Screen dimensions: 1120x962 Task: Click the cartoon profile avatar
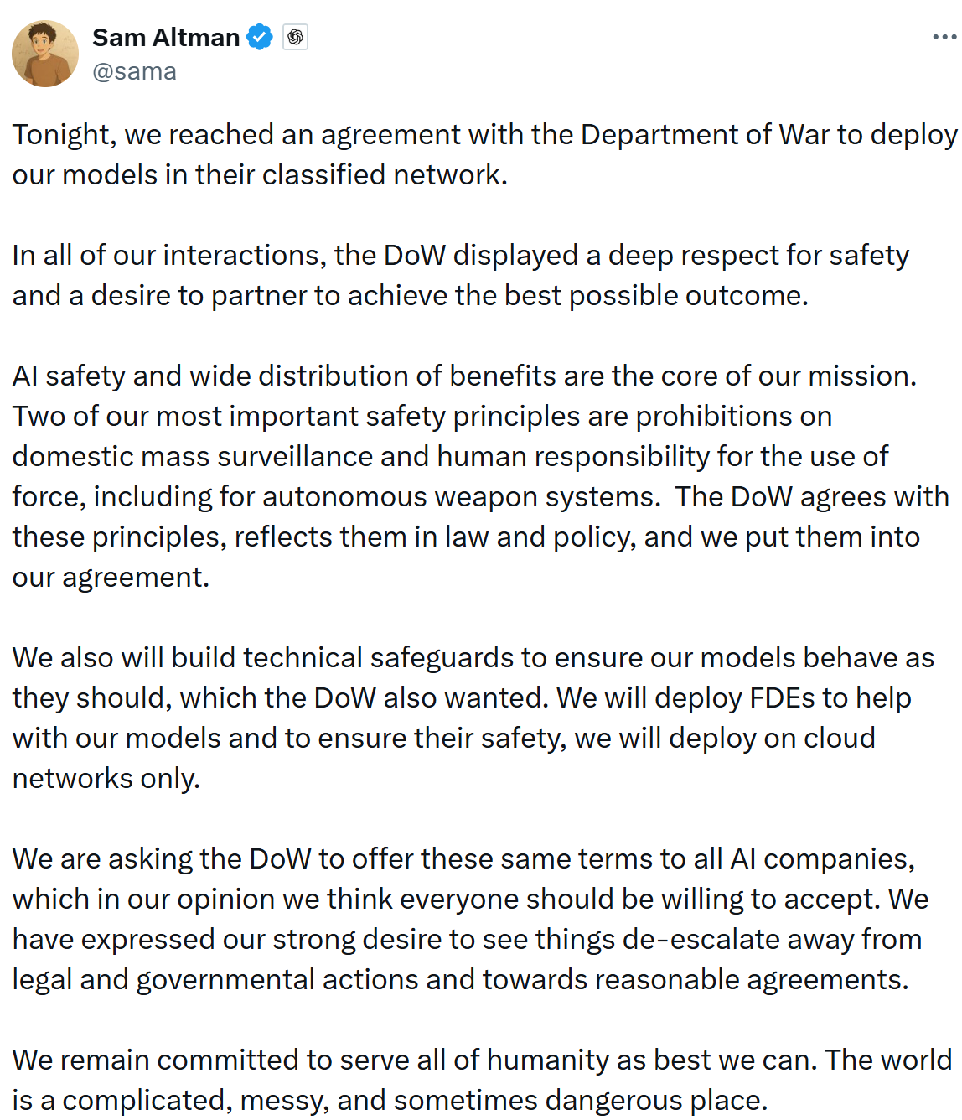pos(45,54)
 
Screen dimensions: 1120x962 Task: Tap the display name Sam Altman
pos(166,38)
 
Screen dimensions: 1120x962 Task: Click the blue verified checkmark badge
pos(260,38)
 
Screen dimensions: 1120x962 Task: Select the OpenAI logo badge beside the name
pos(295,38)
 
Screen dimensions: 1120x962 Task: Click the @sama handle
pos(134,72)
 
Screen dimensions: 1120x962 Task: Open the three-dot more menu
pos(944,38)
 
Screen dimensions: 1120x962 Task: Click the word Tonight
pos(61,135)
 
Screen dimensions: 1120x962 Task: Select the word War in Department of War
pos(804,135)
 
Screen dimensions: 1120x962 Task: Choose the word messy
pos(282,1101)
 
